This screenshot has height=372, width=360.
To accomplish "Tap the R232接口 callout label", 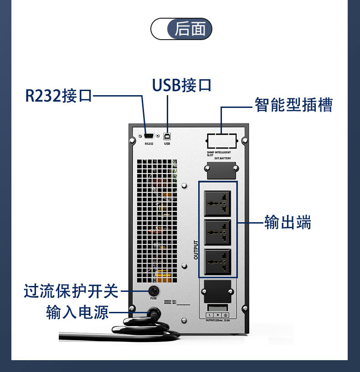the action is point(59,96).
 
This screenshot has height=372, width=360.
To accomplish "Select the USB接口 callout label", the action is point(181,85).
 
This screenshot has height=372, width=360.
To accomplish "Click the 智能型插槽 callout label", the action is point(293,105).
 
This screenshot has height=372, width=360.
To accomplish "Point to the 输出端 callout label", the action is point(288,223).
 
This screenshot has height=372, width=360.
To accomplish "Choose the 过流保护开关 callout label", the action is point(71,290).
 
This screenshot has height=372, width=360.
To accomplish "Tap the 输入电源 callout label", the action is point(77,312).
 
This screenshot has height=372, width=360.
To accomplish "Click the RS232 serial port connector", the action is point(149,135).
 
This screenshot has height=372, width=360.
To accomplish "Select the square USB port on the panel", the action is point(167,135).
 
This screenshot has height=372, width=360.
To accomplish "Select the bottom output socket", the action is point(218,261).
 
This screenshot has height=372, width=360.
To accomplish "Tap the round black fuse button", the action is point(153,290).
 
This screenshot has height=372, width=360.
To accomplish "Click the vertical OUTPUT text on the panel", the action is point(196,250).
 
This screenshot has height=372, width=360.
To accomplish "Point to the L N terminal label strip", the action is point(217,315).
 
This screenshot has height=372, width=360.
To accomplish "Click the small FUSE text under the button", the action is point(153,299).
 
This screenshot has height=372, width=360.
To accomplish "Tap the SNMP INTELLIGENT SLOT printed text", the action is point(219,153).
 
